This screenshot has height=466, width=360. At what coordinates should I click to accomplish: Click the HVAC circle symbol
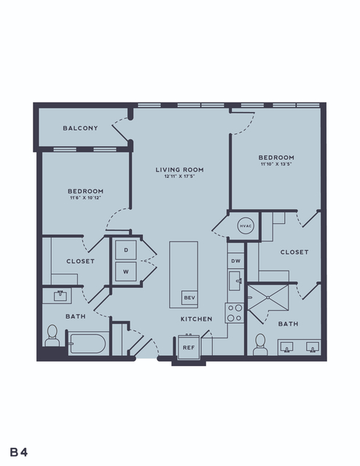point(246,226)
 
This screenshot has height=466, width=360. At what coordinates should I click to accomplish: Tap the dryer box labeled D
point(126,250)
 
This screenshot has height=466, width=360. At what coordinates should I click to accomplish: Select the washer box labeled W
point(126,271)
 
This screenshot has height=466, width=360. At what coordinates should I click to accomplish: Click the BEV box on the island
point(189,298)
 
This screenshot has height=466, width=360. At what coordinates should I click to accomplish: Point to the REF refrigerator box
point(189,347)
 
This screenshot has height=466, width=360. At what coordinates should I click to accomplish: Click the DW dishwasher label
point(236,261)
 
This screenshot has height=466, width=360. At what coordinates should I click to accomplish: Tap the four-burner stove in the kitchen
point(235,314)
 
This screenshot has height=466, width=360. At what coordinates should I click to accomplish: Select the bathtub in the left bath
point(87,343)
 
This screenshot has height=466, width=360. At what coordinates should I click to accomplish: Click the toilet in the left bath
point(52,335)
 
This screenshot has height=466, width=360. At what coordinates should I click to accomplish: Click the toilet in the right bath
point(260,344)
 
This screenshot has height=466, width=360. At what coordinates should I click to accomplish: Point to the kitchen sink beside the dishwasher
point(236,281)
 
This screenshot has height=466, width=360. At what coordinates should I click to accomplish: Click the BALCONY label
point(80,128)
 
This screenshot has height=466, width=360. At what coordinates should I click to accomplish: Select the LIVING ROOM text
point(180,170)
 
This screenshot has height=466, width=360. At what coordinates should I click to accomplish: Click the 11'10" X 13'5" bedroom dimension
point(276,164)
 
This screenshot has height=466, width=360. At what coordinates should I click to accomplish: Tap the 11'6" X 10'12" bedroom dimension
point(85,198)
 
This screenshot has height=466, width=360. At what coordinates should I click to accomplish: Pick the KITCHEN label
point(197,319)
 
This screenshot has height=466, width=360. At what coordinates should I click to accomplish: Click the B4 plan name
point(19,452)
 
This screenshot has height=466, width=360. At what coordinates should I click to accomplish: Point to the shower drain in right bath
point(268,298)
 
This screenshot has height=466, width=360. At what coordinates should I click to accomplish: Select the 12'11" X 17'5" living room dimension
point(180,176)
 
